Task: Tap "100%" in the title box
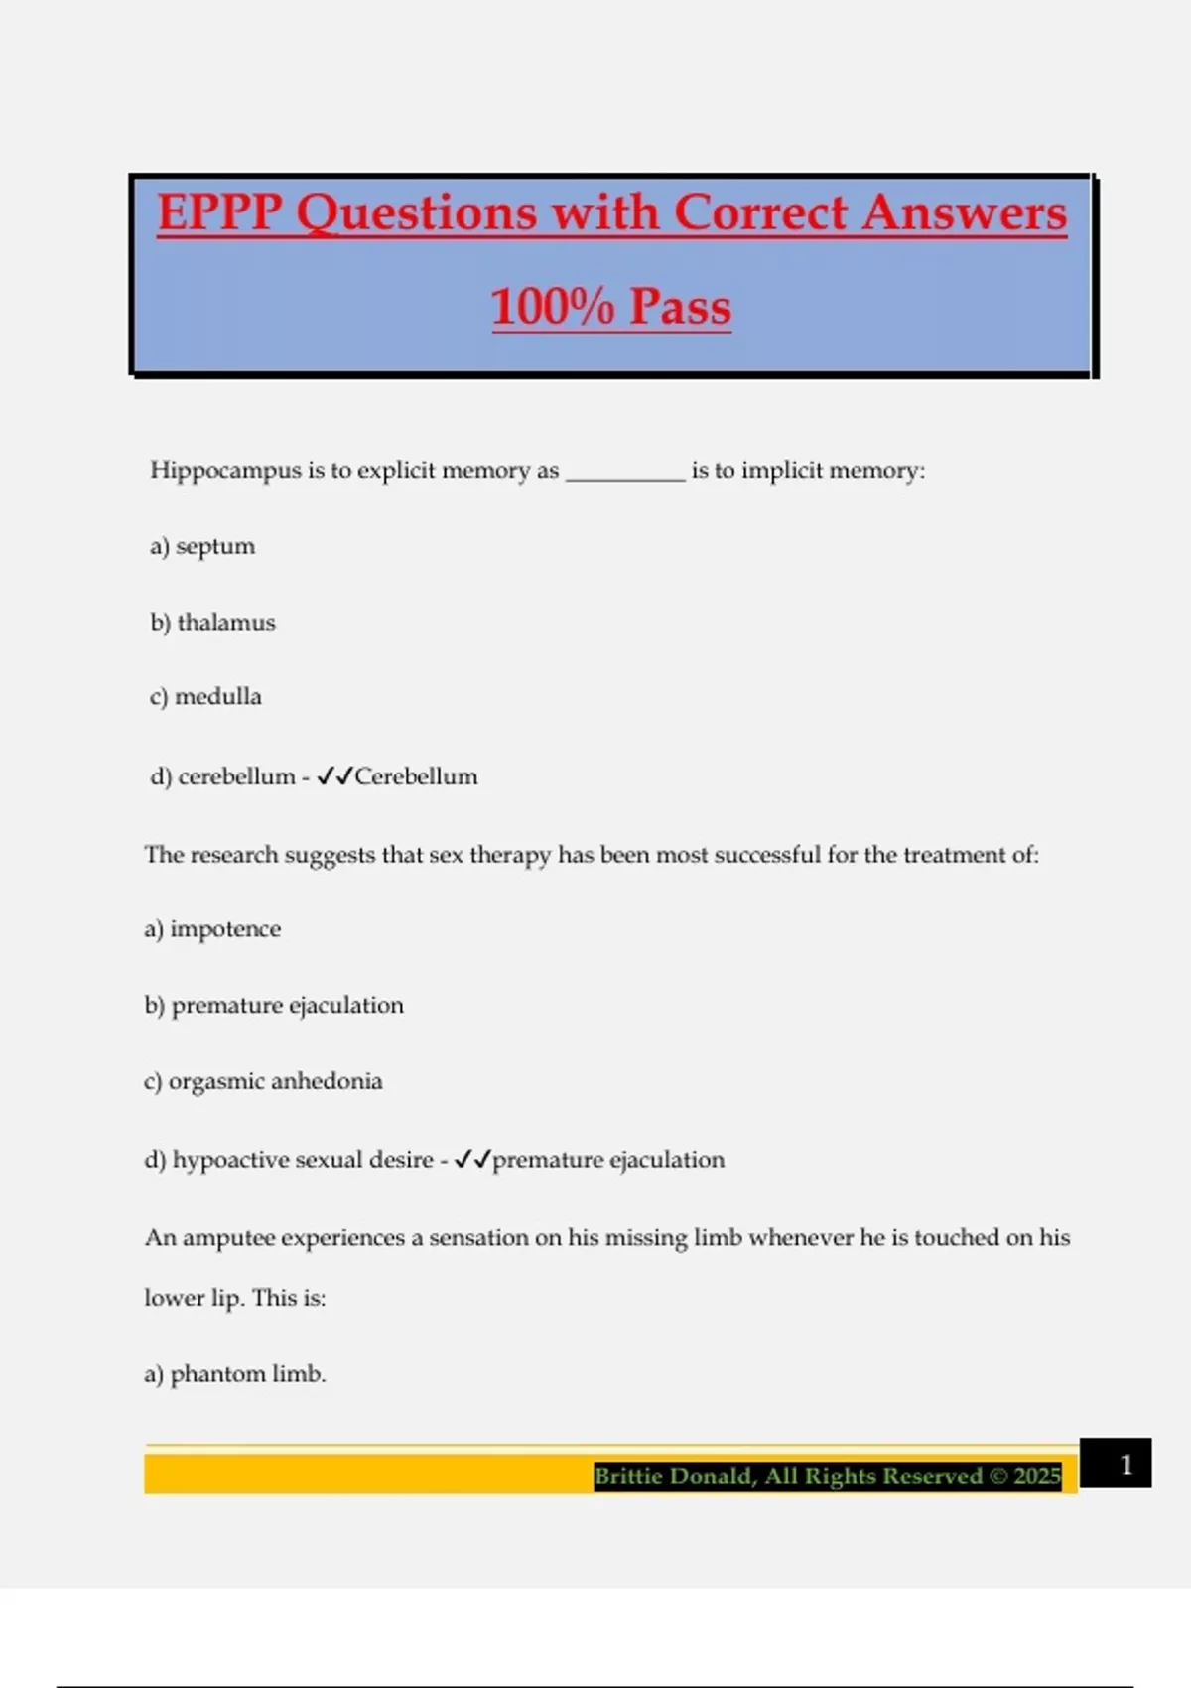coord(552,306)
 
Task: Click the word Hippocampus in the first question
coord(225,470)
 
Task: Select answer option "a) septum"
coord(202,546)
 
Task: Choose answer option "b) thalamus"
coord(212,623)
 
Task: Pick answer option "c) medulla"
coord(205,697)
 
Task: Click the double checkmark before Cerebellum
coord(334,776)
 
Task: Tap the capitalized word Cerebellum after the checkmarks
coord(416,776)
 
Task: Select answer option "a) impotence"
coord(212,929)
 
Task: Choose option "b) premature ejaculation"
coord(274,1006)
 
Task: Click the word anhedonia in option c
coord(327,1081)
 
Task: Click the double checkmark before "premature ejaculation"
coord(472,1160)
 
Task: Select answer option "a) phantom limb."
coord(235,1374)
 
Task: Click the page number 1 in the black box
coord(1125,1464)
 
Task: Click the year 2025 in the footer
coord(1037,1477)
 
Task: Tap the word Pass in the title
coord(680,306)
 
